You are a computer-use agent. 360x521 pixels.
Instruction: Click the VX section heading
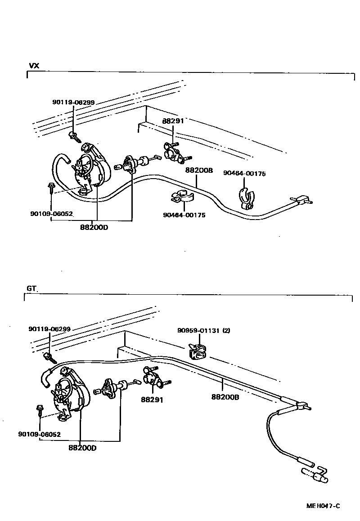[34, 66]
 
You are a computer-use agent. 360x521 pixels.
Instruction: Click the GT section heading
[31, 288]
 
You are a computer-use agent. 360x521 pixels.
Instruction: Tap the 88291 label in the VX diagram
[173, 121]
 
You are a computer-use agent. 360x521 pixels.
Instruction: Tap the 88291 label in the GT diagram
[151, 400]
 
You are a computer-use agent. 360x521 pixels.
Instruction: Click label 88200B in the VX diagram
[198, 171]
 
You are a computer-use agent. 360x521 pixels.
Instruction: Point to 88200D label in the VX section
[94, 227]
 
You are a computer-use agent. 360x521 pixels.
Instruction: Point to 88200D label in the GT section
[82, 448]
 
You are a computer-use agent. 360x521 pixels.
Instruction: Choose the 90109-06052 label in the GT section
[40, 434]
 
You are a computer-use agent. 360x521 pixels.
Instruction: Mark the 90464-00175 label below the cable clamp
[184, 215]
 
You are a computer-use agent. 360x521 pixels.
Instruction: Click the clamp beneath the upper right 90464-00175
[245, 198]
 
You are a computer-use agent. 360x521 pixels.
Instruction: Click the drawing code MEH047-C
[323, 506]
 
